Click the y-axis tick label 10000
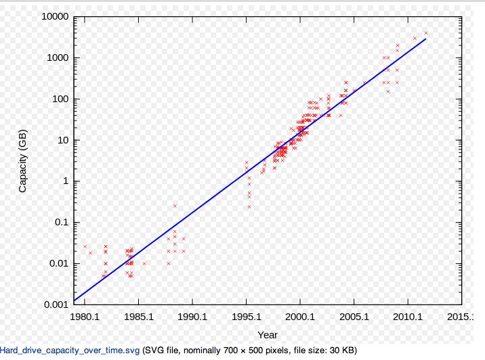pos(52,16)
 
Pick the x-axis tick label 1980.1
pos(84,316)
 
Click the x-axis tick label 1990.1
pos(192,316)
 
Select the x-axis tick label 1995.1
pos(246,316)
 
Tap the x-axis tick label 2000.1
pos(300,316)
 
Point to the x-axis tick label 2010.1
pos(408,316)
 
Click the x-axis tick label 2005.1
pos(354,316)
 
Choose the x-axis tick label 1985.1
pos(138,316)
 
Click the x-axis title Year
pos(268,334)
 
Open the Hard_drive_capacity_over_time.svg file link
pos(70,351)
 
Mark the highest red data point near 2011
pos(426,32)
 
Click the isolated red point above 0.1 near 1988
pos(175,206)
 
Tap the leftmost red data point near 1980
pos(85,246)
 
